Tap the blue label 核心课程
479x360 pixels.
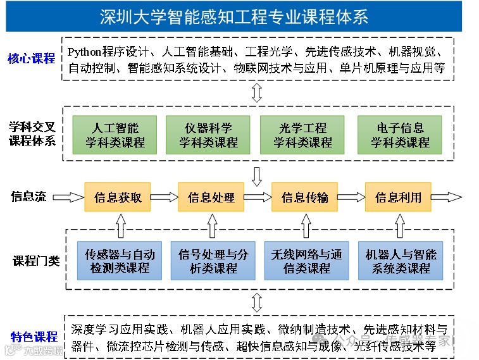[32, 59]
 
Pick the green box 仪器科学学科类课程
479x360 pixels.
[209, 135]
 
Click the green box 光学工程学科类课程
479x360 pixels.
[302, 135]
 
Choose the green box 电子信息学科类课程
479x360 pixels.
[400, 135]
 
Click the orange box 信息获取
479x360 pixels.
[118, 197]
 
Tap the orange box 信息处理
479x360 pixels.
[211, 197]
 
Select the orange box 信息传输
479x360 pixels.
[305, 197]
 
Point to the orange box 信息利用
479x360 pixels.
[398, 197]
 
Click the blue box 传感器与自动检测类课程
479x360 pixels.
[120, 261]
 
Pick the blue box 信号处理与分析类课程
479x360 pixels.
[213, 261]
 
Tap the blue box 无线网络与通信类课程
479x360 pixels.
[306, 261]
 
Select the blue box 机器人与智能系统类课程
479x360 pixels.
[401, 261]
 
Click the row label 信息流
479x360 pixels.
[28, 197]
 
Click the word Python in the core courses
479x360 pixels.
[88, 51]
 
